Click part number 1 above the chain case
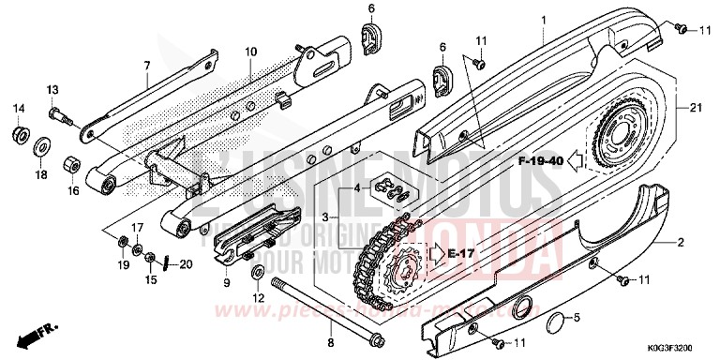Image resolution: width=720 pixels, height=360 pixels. (542, 8)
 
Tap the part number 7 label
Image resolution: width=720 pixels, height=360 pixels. (146, 65)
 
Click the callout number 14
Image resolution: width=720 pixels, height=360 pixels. (17, 110)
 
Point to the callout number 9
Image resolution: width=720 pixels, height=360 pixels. (227, 281)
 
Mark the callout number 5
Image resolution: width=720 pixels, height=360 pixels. (577, 318)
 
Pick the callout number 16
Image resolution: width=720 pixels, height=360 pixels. (71, 190)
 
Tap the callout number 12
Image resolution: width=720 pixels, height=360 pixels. (258, 298)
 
